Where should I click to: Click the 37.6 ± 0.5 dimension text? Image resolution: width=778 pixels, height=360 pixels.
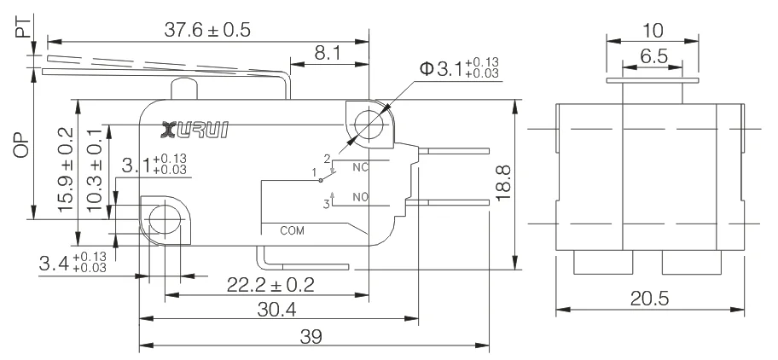click(207, 29)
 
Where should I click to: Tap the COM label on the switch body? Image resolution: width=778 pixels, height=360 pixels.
click(292, 230)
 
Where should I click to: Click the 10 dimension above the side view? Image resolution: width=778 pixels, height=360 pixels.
click(653, 31)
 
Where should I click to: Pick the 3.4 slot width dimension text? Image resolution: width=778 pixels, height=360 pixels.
click(73, 263)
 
